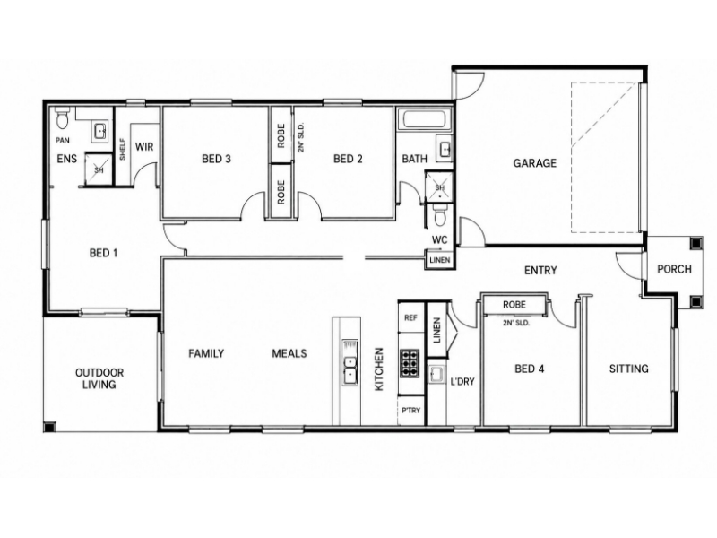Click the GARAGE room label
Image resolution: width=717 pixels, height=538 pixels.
click(x=534, y=163)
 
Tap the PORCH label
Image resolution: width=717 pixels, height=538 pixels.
click(x=674, y=269)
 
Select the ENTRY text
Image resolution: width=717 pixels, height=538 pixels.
click(x=540, y=271)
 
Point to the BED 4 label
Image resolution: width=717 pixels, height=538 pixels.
click(x=530, y=369)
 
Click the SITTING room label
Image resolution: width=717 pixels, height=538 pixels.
click(x=629, y=369)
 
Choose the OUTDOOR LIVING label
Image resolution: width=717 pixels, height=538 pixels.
click(x=99, y=378)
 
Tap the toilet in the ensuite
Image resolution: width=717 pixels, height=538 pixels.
click(x=61, y=118)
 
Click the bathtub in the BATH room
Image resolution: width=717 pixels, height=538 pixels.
click(x=424, y=119)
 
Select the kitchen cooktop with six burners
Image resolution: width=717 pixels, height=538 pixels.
click(x=410, y=363)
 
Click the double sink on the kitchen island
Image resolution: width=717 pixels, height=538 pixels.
click(x=350, y=369)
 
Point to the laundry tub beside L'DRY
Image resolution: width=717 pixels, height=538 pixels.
click(x=436, y=375)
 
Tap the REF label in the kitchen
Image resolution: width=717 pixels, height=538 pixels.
click(x=410, y=317)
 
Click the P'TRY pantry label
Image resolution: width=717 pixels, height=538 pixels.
click(x=410, y=411)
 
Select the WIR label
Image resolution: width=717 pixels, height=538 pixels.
click(x=144, y=147)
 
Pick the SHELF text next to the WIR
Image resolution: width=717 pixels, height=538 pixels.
click(x=123, y=149)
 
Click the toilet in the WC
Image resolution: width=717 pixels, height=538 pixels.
click(x=440, y=215)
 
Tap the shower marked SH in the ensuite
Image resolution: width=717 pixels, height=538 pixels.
click(x=99, y=169)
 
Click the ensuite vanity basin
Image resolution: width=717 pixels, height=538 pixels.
click(x=100, y=131)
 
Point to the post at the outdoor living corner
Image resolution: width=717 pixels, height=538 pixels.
click(x=49, y=428)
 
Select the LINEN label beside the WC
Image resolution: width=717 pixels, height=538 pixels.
click(x=440, y=260)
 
